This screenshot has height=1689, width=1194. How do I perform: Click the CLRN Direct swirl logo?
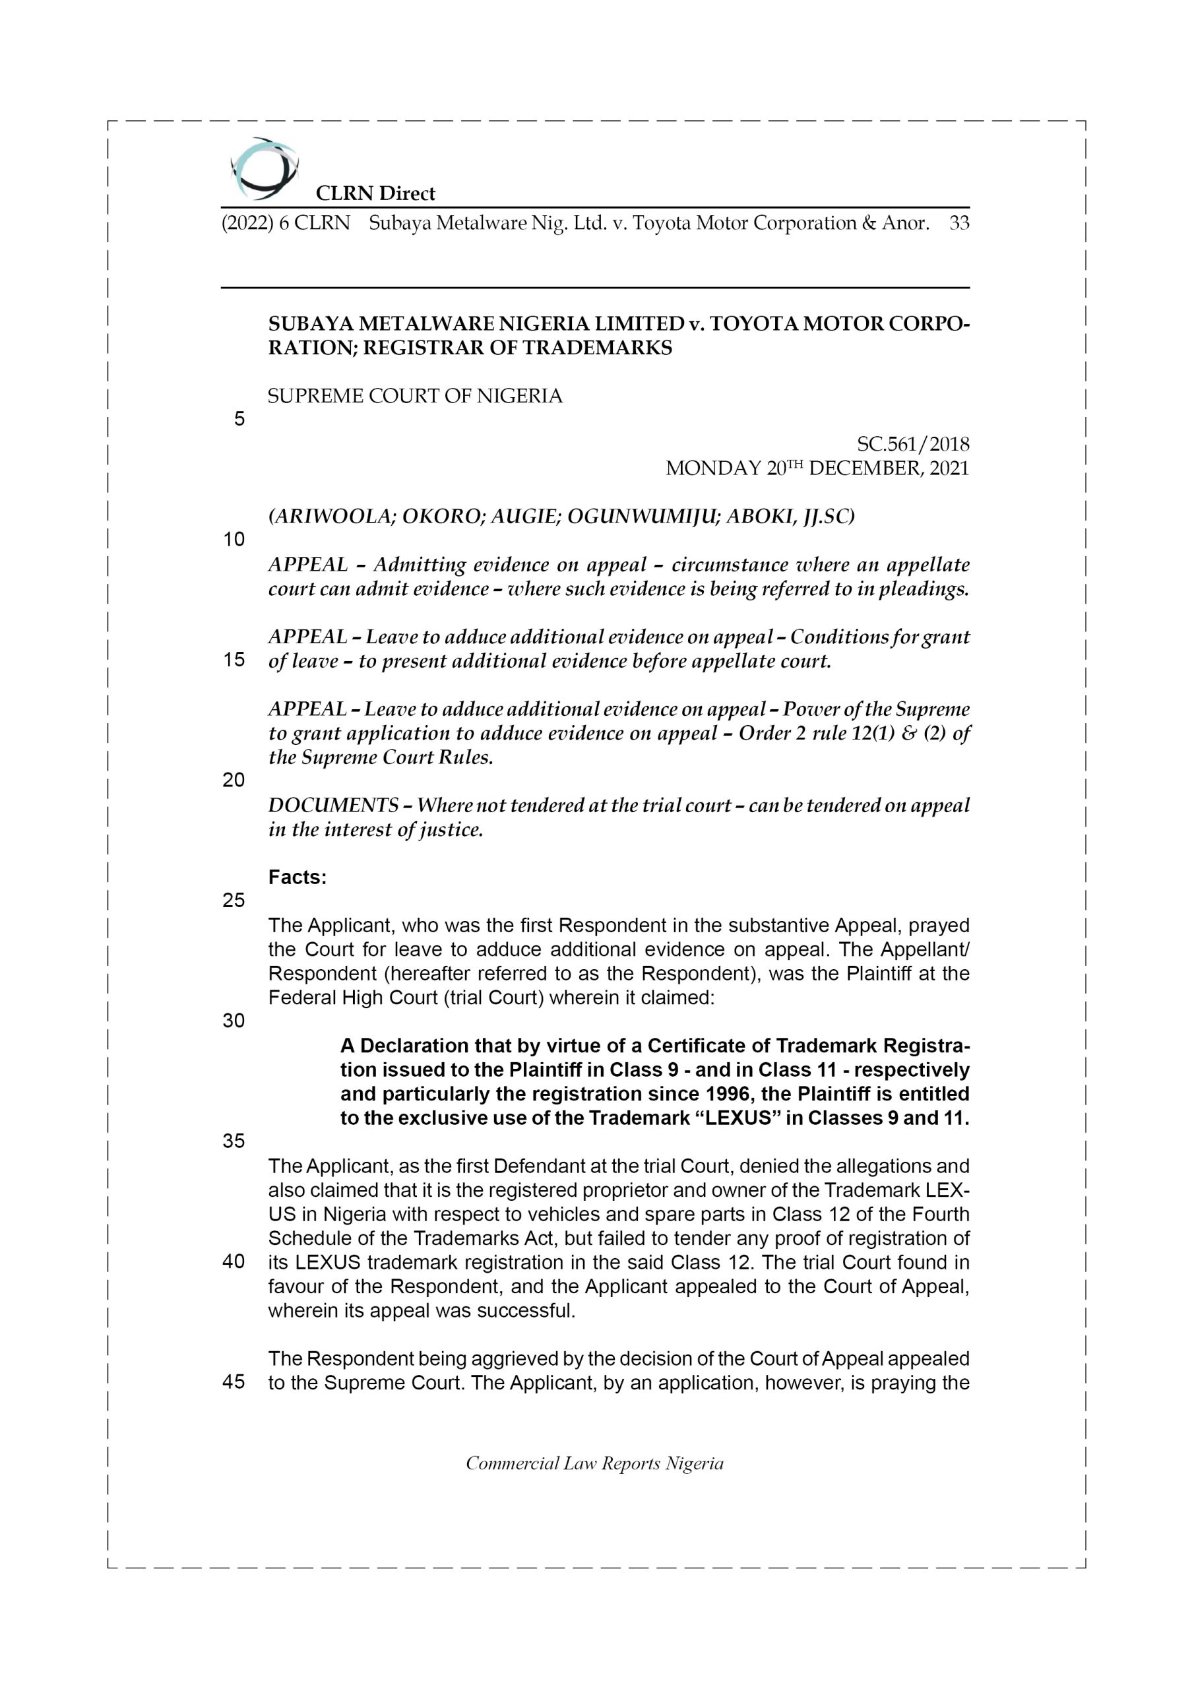(264, 169)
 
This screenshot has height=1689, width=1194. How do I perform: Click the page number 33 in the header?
(958, 223)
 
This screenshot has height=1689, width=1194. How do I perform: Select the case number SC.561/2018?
(913, 444)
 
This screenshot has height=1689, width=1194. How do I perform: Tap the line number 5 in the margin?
(239, 420)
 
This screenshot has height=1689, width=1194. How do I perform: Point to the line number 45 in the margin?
(234, 1382)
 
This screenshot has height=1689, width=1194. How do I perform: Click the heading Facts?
(298, 877)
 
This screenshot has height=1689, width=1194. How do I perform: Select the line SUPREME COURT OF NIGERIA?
(415, 397)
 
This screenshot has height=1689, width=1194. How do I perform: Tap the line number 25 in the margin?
(234, 901)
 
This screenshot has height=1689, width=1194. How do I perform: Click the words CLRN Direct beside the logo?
(375, 193)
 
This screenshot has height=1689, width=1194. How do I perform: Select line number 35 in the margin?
(234, 1141)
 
